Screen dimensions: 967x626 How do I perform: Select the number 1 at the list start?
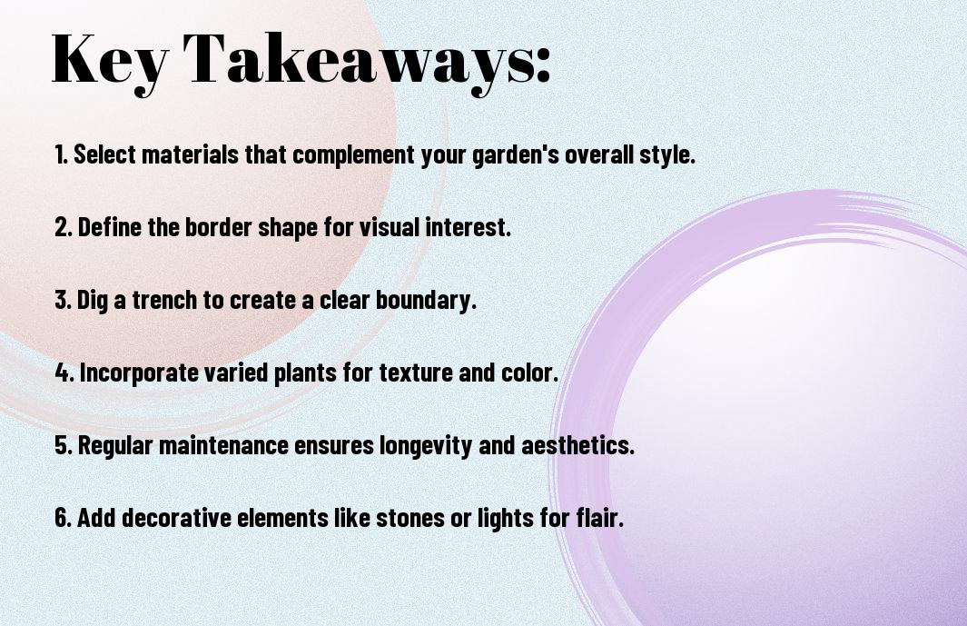coord(60,154)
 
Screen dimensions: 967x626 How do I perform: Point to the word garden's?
coord(516,155)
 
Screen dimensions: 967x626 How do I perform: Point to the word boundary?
coord(426,301)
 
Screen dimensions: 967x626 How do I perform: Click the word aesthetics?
coord(577,446)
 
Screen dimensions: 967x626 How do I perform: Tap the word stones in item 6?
coord(410,518)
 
